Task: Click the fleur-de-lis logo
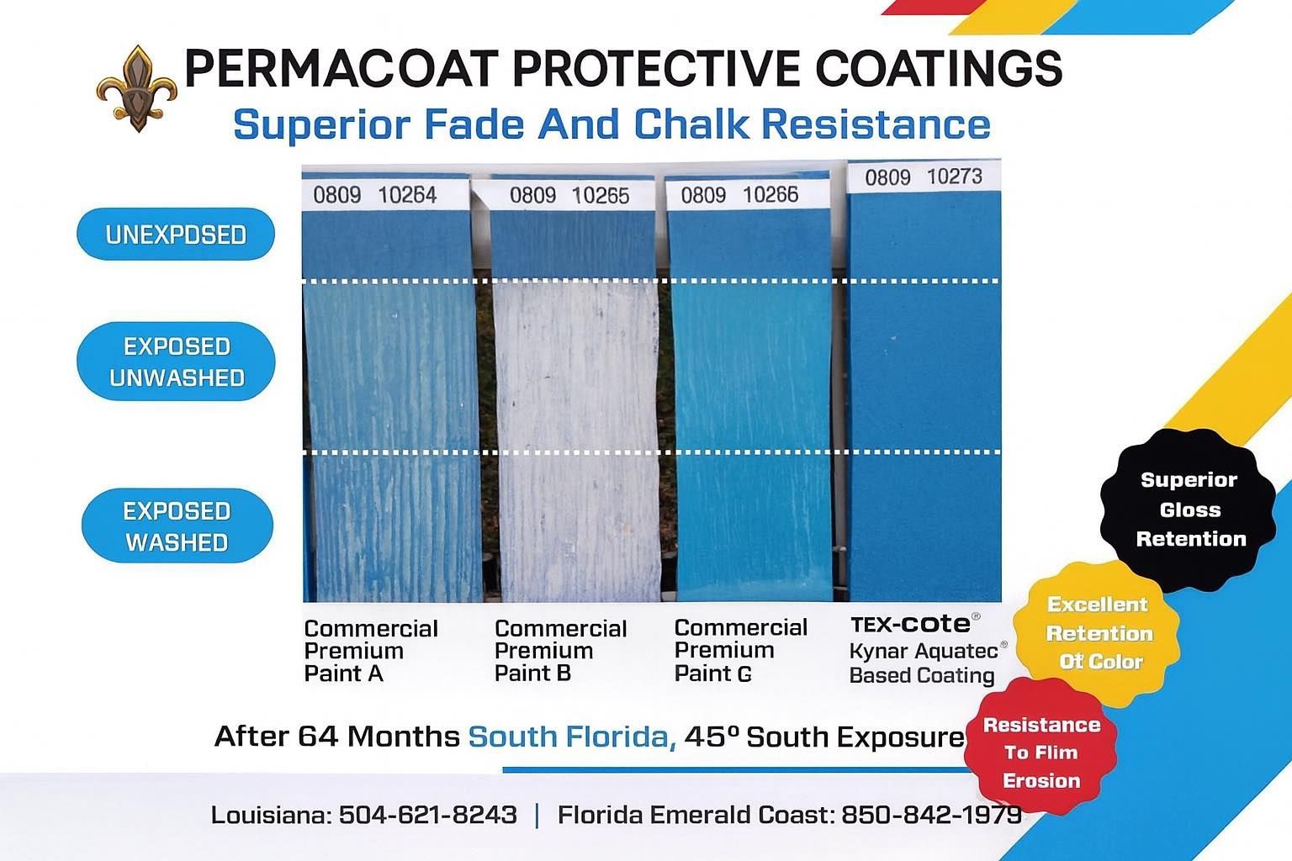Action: coord(136,88)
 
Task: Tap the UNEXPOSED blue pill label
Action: coord(176,234)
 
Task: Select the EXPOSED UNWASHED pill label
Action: coord(176,362)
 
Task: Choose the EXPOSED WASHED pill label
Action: coord(177,526)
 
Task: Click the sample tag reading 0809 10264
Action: coord(375,196)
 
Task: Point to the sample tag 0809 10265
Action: coord(569,196)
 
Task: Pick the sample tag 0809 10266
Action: coord(739,195)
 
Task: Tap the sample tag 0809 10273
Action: coord(923,177)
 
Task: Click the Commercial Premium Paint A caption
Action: coord(371,651)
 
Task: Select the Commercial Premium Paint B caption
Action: coord(560,651)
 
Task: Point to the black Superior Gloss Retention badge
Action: coord(1189,510)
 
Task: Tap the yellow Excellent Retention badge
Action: coord(1097,633)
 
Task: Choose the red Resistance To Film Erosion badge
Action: coord(1041,753)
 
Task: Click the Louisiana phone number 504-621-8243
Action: coord(427,815)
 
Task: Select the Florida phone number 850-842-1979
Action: coord(931,815)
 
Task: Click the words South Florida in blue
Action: coord(571,737)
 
